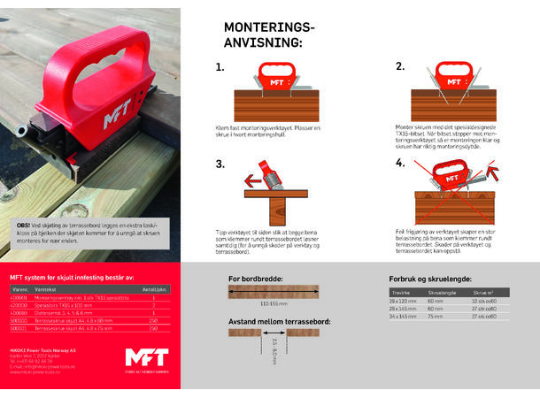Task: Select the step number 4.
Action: coord(400,163)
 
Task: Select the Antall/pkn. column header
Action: coord(155,289)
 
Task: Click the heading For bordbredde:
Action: coord(256,278)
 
